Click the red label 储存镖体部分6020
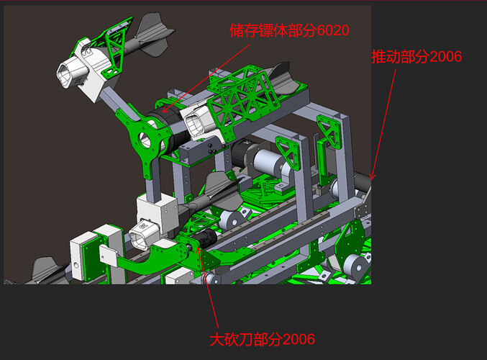click(289, 30)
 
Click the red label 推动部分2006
click(417, 57)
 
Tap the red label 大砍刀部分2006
click(262, 339)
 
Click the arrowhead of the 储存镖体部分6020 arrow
click(165, 109)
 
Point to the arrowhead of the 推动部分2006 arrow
click(372, 177)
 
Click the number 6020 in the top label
click(333, 30)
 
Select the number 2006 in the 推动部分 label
click(446, 57)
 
